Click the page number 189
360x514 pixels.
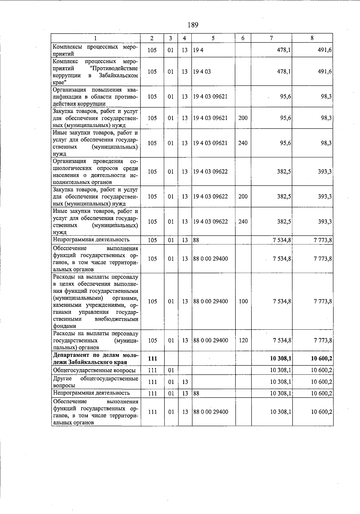(193, 25)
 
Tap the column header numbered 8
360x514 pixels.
(312, 38)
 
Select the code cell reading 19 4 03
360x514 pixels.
(202, 72)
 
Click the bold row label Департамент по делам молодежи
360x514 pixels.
(95, 358)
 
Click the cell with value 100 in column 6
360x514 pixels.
(243, 301)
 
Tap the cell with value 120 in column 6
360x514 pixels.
(243, 340)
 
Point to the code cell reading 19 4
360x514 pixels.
(198, 50)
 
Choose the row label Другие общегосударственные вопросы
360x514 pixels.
(95, 382)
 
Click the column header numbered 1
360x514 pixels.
(95, 38)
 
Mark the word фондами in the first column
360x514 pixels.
(64, 326)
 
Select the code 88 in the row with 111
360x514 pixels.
(196, 393)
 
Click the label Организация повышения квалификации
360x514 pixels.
(95, 97)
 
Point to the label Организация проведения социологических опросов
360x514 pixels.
(95, 172)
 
